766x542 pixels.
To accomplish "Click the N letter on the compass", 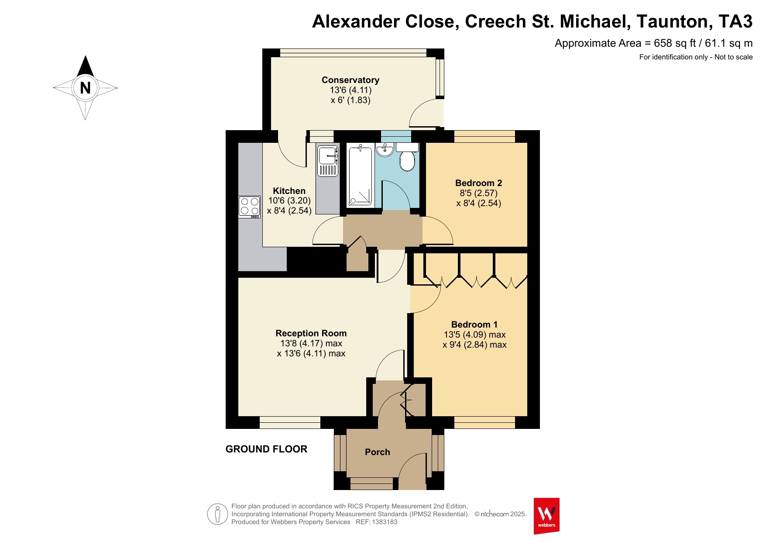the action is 85,88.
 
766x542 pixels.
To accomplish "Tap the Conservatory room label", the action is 350,80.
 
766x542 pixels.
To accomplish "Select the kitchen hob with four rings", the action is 249,207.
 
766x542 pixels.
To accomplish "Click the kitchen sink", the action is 328,161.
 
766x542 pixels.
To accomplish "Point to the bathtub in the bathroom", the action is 360,176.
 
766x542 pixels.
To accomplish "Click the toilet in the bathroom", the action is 407,157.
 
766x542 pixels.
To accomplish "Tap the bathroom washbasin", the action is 385,150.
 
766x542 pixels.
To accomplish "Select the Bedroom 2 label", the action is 478,183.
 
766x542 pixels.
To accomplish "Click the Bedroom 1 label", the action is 474,325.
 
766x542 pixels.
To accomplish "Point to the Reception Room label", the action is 311,333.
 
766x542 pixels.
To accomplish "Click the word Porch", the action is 378,452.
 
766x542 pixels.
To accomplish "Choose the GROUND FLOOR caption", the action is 266,449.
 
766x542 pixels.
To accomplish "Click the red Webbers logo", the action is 546,516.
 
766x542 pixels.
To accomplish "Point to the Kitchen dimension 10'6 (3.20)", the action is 289,201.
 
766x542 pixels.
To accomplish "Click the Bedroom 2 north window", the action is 484,137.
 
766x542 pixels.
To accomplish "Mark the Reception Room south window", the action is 290,422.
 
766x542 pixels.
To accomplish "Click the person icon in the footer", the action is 217,514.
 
